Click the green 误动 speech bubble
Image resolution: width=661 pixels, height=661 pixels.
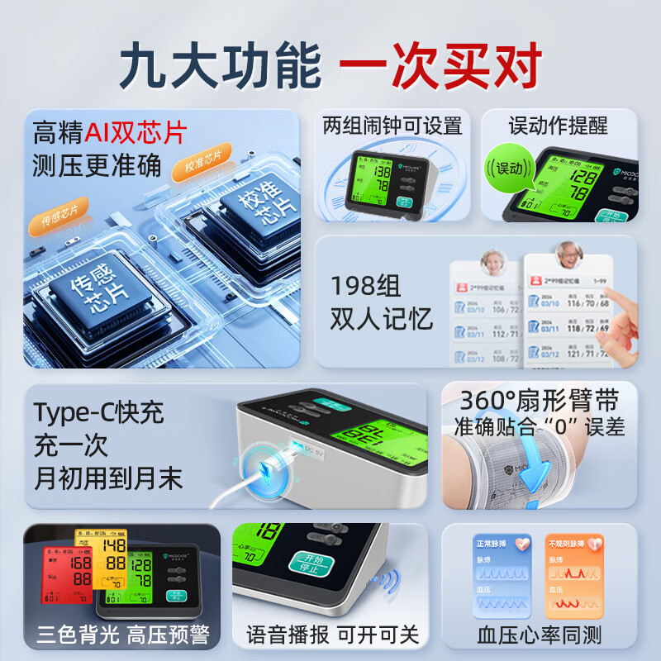click(x=506, y=169)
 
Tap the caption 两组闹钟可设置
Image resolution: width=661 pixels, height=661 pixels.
click(x=392, y=126)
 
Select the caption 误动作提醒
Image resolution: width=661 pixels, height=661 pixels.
click(x=559, y=126)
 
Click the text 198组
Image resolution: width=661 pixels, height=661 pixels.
click(x=365, y=287)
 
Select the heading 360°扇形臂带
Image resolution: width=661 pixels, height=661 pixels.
click(x=539, y=401)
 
